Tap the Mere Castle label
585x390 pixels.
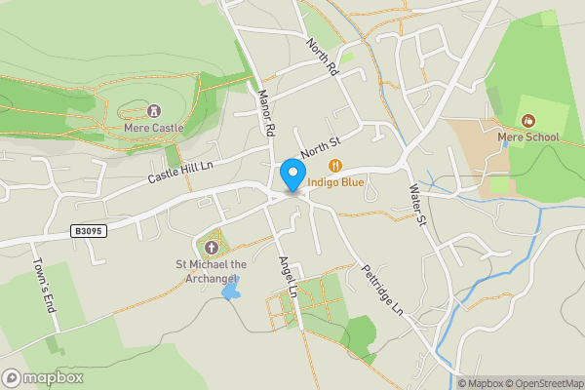(154, 128)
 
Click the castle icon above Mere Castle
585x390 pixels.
(154, 111)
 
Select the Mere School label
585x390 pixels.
(527, 136)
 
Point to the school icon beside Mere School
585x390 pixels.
(527, 120)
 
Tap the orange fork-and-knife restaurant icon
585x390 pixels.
(335, 165)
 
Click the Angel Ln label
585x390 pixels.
(288, 277)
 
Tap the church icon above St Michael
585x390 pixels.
(212, 248)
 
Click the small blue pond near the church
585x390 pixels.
(231, 290)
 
